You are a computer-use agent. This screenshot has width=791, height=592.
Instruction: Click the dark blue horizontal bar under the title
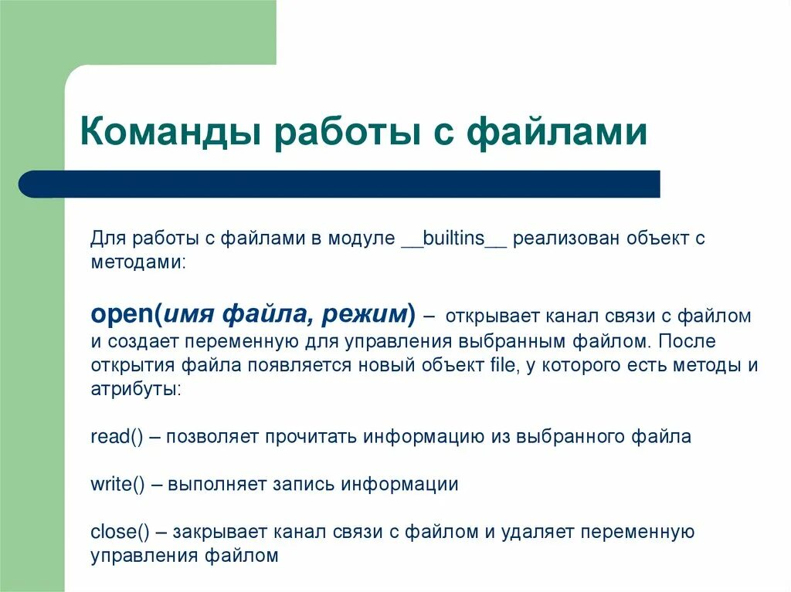[x=340, y=184]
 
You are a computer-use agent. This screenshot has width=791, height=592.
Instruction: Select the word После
[x=688, y=340]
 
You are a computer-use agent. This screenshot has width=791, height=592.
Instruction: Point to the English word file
[x=502, y=365]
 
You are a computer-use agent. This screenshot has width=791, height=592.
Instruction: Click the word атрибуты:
[x=136, y=389]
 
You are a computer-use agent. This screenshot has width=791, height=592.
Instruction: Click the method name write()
[x=117, y=485]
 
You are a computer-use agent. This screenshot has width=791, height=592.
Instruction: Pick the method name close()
[x=120, y=533]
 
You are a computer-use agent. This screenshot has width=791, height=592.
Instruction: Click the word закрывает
[x=221, y=533]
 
